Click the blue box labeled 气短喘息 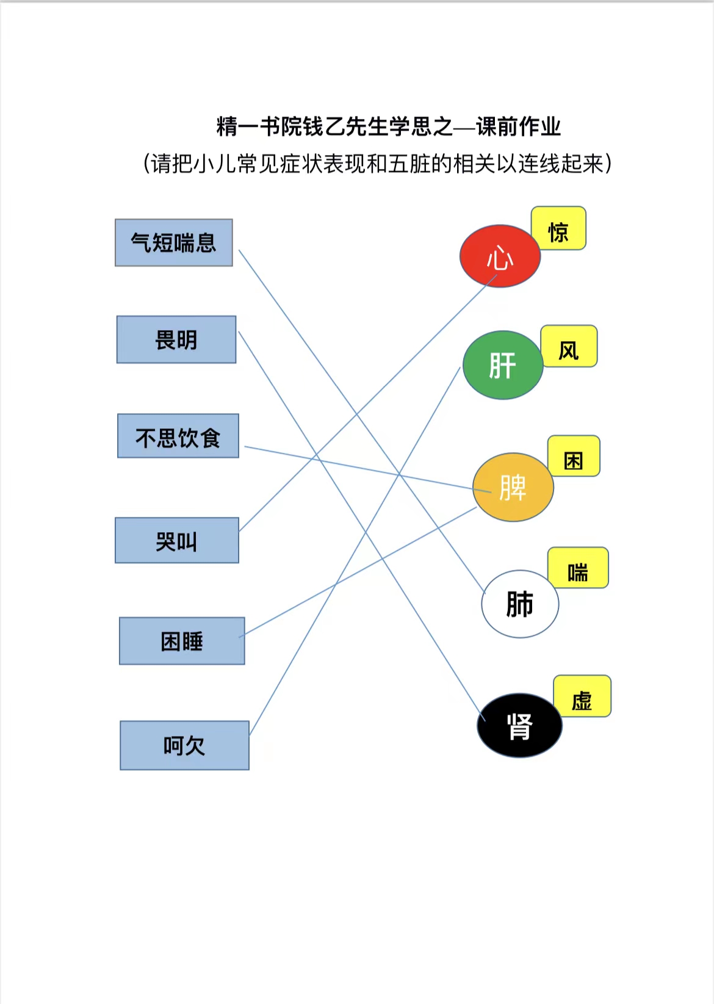point(174,242)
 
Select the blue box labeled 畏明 point(176,339)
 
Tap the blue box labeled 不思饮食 point(178,436)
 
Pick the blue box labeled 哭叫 point(177,540)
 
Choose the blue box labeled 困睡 point(182,640)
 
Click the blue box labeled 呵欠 point(185,745)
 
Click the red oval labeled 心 point(500,256)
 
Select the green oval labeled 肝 point(503,365)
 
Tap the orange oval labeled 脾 point(513,487)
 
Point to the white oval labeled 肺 point(520,604)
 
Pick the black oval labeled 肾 point(519,726)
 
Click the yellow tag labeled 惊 point(558,228)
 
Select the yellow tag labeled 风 point(569,346)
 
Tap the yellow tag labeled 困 point(574,456)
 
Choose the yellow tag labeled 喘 point(578,568)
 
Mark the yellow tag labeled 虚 point(582,696)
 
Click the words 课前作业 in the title point(519,126)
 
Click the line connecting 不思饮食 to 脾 point(368,469)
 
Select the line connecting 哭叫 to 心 point(369,402)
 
